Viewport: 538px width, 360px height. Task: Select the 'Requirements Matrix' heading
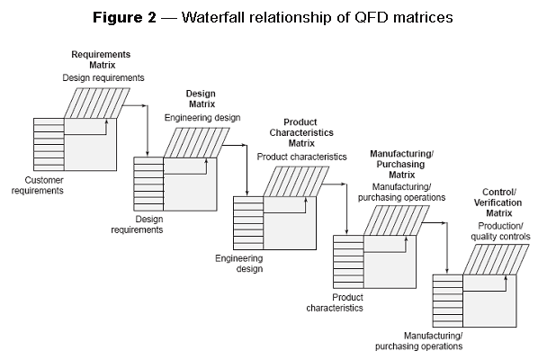tap(101, 60)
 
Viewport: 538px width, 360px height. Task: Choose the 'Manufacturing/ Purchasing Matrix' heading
tap(402, 166)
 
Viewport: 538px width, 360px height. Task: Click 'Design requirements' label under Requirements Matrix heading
tap(103, 78)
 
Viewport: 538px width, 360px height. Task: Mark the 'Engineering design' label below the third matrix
tap(245, 263)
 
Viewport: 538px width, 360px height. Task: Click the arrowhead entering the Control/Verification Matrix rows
tap(447, 270)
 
